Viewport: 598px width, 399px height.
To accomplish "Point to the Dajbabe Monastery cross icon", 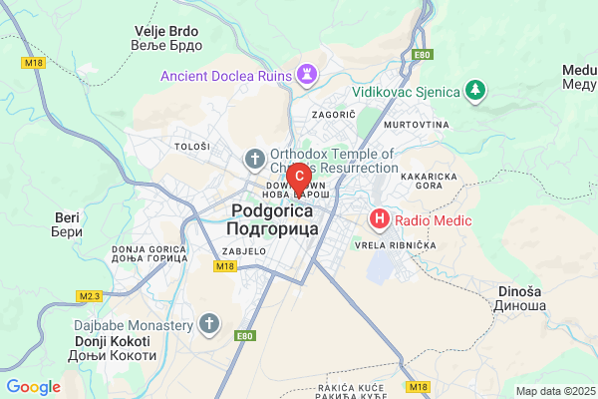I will (208, 323).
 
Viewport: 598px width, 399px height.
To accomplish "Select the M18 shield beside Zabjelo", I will (223, 266).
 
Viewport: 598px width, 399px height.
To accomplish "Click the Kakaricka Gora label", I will (428, 181).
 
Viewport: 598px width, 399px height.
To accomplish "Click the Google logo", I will (34, 387).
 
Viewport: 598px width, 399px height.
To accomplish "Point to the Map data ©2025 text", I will (554, 391).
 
